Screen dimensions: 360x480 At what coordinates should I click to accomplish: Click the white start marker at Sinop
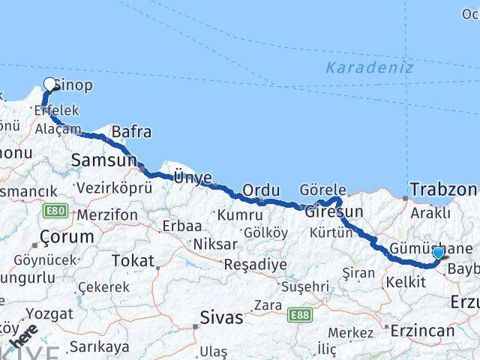click(x=50, y=84)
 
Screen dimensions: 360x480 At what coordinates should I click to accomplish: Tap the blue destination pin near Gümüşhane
click(x=438, y=253)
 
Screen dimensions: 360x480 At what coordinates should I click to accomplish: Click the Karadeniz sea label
click(x=359, y=67)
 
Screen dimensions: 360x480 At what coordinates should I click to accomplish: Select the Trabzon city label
click(x=442, y=189)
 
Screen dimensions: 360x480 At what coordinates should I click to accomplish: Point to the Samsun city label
click(x=103, y=160)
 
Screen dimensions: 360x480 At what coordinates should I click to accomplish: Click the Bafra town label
click(x=131, y=133)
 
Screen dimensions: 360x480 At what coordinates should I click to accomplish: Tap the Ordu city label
click(x=261, y=190)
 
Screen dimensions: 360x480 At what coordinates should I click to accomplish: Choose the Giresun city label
click(x=334, y=211)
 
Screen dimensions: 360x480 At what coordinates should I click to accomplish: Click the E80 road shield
click(x=54, y=212)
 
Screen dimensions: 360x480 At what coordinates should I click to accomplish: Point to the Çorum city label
click(x=67, y=237)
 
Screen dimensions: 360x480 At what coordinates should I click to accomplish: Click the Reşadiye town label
click(x=255, y=265)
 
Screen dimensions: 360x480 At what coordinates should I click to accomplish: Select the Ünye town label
click(x=193, y=178)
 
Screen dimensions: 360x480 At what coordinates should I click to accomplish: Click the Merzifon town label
click(x=106, y=215)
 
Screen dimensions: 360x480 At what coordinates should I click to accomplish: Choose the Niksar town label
click(x=215, y=244)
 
